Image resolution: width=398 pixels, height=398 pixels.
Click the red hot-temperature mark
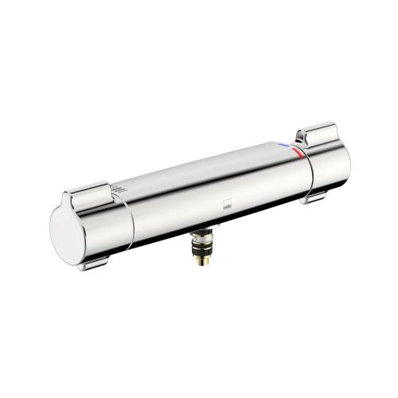296,151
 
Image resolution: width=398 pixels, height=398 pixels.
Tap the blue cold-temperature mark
287,146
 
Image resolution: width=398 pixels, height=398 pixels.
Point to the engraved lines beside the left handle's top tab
117,189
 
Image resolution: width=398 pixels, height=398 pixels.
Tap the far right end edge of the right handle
349,159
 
